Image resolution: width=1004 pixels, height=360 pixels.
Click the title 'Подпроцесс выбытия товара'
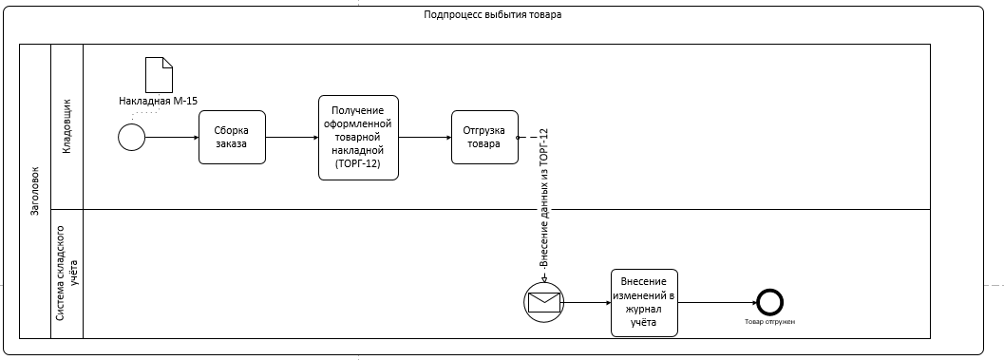tap(492, 15)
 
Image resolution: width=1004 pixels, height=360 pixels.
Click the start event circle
tap(132, 138)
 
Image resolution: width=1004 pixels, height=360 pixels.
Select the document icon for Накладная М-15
tap(159, 75)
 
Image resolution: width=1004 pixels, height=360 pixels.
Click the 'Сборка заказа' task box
tap(232, 138)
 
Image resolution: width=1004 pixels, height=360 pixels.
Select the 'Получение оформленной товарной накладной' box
tap(359, 138)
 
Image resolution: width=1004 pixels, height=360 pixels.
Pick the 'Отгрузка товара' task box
tap(484, 138)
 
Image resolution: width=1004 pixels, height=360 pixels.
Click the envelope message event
tap(544, 302)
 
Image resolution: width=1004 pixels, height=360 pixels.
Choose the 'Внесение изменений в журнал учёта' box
tap(644, 302)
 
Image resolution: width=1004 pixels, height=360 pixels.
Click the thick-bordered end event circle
tap(769, 302)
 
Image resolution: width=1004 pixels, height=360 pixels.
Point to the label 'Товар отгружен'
tap(769, 322)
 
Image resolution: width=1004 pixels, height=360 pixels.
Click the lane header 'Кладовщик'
tap(67, 127)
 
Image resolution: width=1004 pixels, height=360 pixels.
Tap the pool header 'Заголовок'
tap(35, 191)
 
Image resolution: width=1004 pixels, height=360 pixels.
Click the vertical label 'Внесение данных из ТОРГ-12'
tap(544, 198)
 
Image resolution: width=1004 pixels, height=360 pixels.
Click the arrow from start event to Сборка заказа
tap(172, 138)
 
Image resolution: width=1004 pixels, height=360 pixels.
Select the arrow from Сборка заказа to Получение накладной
tap(292, 138)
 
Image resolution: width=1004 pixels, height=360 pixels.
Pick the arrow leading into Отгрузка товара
tap(426, 138)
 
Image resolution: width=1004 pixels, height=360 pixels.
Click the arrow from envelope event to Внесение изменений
tap(587, 302)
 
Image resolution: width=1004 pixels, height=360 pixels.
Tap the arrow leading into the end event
tap(717, 302)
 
